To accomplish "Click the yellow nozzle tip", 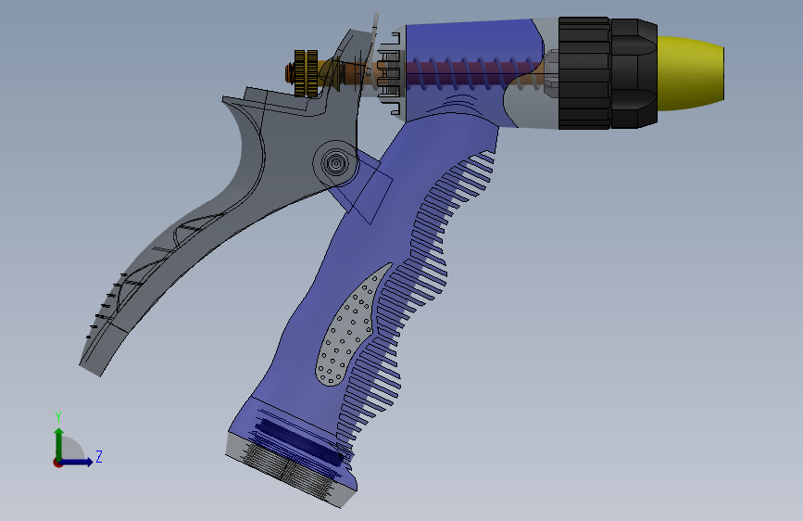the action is (x=690, y=73).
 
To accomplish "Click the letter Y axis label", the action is (x=58, y=416).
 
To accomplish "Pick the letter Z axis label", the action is (x=99, y=456).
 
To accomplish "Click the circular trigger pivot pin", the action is (x=335, y=164).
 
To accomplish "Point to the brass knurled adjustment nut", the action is (x=306, y=73).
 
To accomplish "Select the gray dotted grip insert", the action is (x=351, y=325).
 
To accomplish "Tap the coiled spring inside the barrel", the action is (x=471, y=73).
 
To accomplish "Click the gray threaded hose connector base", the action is (x=291, y=470).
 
